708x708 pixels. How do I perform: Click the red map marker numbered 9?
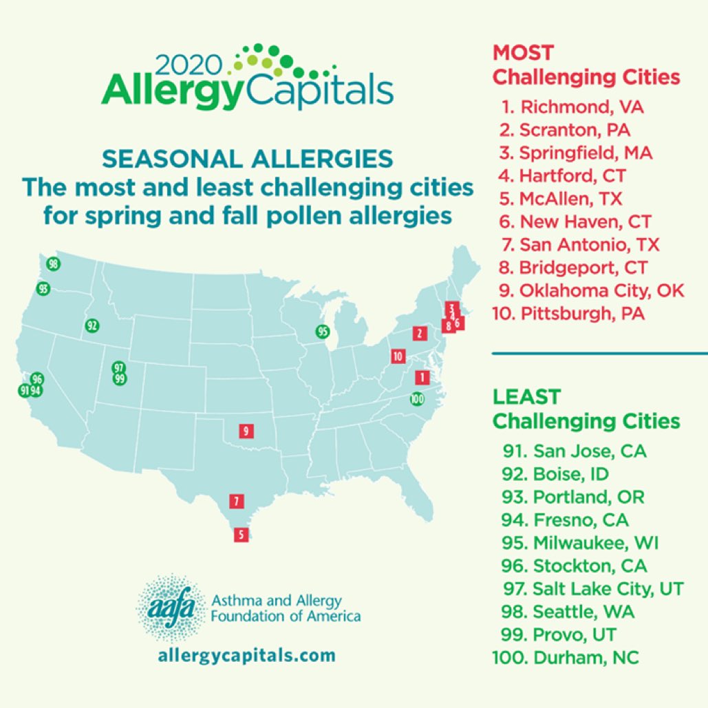click(246, 432)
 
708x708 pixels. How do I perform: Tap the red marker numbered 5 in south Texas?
click(241, 534)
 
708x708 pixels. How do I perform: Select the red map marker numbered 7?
click(236, 501)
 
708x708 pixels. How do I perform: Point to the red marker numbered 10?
click(397, 356)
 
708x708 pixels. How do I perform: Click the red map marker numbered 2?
click(418, 334)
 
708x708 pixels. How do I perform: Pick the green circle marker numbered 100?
click(416, 398)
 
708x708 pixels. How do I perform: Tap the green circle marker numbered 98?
click(54, 264)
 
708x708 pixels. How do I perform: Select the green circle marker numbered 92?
click(92, 325)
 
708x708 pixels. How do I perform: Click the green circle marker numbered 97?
click(119, 367)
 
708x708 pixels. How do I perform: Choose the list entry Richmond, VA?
click(577, 107)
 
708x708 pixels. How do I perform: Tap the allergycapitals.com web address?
click(246, 654)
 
